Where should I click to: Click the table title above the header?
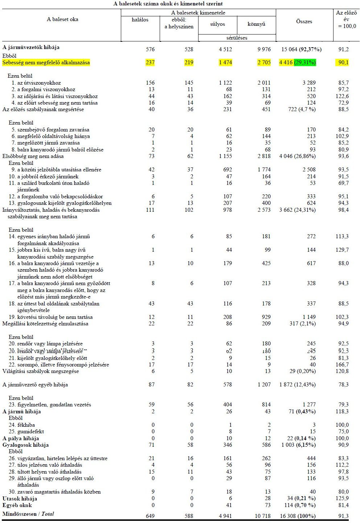[168, 4]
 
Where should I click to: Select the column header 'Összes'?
[304, 22]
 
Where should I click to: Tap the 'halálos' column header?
[140, 20]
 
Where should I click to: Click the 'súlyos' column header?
[217, 24]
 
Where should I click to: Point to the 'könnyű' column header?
[256, 24]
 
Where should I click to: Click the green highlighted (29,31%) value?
[305, 63]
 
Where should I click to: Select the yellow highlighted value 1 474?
[225, 63]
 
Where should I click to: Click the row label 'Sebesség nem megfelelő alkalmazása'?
[46, 63]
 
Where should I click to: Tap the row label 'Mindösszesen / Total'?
[28, 514]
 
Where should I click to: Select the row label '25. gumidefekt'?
[26, 431]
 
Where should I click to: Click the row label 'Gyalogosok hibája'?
[25, 445]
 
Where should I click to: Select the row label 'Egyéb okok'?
[17, 505]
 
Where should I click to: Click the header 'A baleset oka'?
[62, 19]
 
